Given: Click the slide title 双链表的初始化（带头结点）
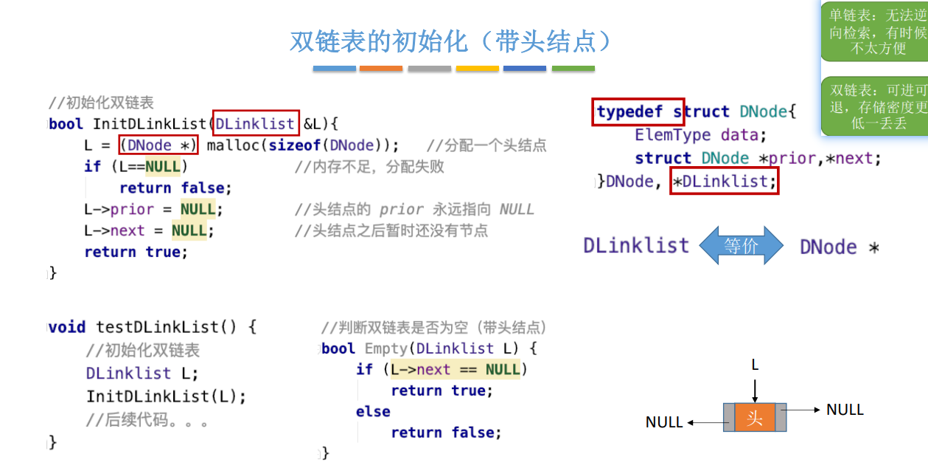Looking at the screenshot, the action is [x=451, y=41].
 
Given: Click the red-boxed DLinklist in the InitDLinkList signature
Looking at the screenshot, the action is [x=255, y=124].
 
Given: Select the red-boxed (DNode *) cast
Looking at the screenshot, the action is [x=158, y=145].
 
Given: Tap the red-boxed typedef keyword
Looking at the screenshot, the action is [x=638, y=111].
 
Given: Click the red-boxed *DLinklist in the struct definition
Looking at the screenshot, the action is [x=723, y=181].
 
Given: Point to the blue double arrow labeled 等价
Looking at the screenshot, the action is [x=741, y=246].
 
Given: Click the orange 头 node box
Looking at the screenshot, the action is [x=755, y=418].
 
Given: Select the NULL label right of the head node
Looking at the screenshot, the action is [x=845, y=410].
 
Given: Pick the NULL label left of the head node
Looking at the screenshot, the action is [x=664, y=422].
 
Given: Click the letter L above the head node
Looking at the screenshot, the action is [x=755, y=365].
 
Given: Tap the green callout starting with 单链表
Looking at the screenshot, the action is [x=876, y=31].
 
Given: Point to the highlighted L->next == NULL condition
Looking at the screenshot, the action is [x=455, y=369].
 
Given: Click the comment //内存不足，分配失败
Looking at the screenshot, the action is [x=369, y=167].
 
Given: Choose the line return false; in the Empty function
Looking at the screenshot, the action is [x=446, y=433].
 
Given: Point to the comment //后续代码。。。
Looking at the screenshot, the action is [x=147, y=421].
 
